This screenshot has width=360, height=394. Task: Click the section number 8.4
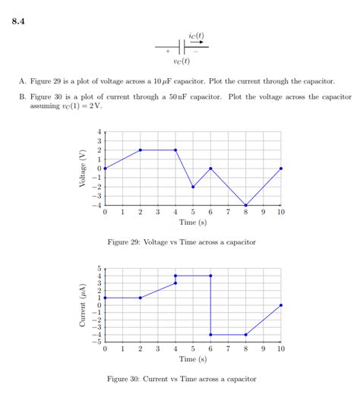pyautogui.click(x=19, y=20)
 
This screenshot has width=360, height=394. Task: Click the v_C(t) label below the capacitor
pyautogui.click(x=182, y=61)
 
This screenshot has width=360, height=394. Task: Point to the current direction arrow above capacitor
pyautogui.click(x=200, y=43)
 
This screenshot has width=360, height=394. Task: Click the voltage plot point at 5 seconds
pyautogui.click(x=193, y=187)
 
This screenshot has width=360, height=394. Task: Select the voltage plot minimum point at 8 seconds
pyautogui.click(x=246, y=205)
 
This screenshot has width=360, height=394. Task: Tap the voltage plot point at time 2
pyautogui.click(x=140, y=150)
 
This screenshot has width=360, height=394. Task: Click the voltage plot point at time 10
pyautogui.click(x=281, y=169)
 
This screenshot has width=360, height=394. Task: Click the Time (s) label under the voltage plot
pyautogui.click(x=193, y=222)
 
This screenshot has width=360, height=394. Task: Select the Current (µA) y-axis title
pyautogui.click(x=81, y=305)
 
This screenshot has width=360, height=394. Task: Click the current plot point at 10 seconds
pyautogui.click(x=281, y=305)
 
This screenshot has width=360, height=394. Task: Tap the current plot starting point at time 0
pyautogui.click(x=105, y=298)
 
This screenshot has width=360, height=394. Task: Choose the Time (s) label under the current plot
pyautogui.click(x=193, y=359)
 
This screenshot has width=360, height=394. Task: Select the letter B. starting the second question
pyautogui.click(x=23, y=97)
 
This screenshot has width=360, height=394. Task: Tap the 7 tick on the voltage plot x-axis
pyautogui.click(x=228, y=213)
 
